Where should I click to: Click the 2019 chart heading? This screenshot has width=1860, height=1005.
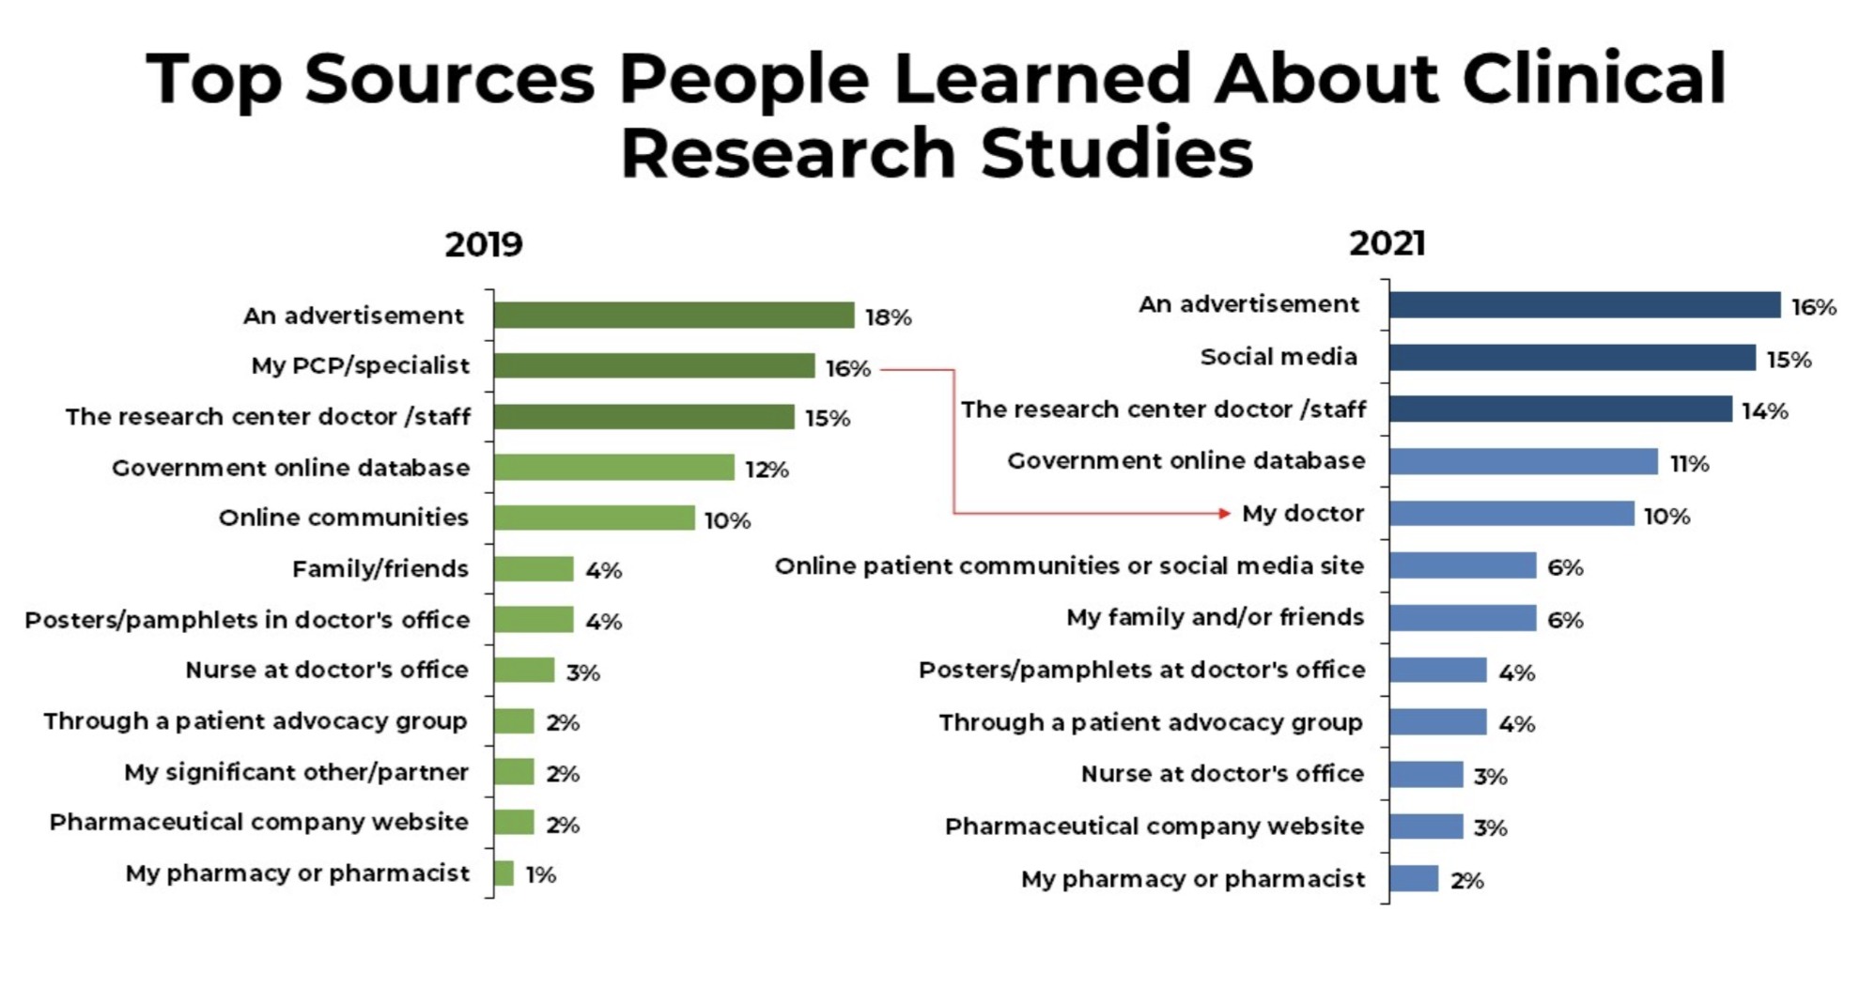(483, 244)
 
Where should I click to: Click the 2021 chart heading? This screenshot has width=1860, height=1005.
(1387, 243)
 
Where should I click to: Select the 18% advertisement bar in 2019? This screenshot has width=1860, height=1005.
(674, 316)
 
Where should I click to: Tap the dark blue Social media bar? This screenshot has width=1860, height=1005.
(1572, 358)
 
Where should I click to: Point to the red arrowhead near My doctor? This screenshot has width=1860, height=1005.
(1224, 513)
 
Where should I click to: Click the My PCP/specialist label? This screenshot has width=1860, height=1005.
(360, 365)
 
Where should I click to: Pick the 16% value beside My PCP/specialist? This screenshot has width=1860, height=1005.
(847, 369)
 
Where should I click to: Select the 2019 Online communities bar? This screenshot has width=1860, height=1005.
(594, 518)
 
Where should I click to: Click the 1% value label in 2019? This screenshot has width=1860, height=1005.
(540, 875)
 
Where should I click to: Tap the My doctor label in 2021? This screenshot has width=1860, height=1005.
(1302, 514)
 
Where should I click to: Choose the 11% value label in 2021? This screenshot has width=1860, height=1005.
(1689, 463)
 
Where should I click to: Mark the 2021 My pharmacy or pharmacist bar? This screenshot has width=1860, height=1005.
(1414, 879)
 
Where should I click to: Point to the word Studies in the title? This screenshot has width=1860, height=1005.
(1117, 153)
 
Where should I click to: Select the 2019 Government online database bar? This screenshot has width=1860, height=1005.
(613, 467)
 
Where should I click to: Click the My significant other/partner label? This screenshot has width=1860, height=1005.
(296, 772)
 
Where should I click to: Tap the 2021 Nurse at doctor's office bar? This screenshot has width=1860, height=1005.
(1426, 775)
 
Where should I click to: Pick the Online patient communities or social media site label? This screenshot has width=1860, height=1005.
(1069, 566)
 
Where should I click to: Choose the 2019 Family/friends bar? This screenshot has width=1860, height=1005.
(534, 569)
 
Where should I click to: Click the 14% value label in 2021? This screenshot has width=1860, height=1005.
(1764, 411)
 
